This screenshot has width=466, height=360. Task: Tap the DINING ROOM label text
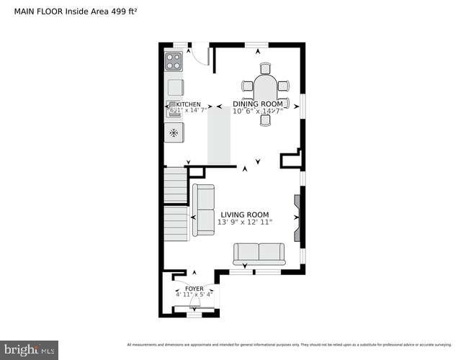tap(258, 104)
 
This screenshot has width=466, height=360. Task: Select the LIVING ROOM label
tap(245, 215)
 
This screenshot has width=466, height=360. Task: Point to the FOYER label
tap(194, 288)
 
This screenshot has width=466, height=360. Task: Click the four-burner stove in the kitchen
tap(174, 60)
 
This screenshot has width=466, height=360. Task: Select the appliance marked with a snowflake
tap(174, 132)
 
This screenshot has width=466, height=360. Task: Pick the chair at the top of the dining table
tap(265, 69)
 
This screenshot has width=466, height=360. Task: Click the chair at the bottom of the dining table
tap(265, 120)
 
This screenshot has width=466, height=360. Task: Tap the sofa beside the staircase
tap(203, 209)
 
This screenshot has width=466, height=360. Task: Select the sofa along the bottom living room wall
tap(259, 253)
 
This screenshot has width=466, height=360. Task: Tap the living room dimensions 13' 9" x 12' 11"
tap(245, 222)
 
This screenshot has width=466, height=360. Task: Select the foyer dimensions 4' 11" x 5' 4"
tap(194, 294)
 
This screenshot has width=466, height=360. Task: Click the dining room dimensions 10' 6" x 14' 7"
tap(258, 111)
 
